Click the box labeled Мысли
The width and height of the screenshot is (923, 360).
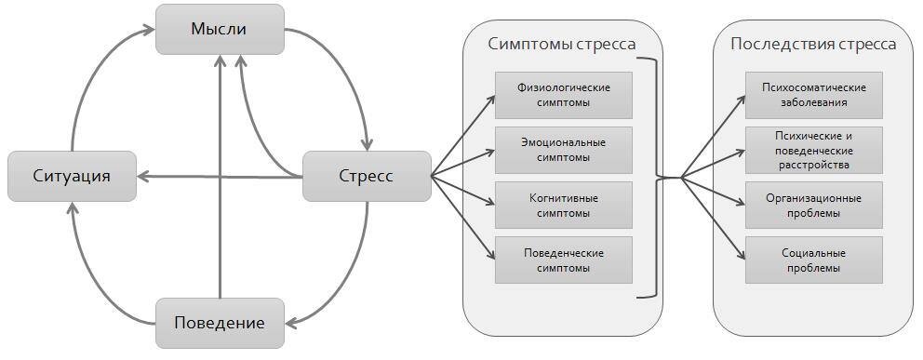pyautogui.click(x=219, y=29)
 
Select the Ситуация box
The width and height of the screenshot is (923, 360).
pyautogui.click(x=72, y=176)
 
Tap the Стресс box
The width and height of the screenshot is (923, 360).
pyautogui.click(x=367, y=176)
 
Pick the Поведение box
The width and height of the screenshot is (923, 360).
pyautogui.click(x=219, y=323)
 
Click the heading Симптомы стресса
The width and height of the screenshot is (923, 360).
pyautogui.click(x=562, y=45)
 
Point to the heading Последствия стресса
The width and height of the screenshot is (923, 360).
pyautogui.click(x=813, y=45)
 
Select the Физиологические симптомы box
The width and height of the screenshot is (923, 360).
pyautogui.click(x=564, y=95)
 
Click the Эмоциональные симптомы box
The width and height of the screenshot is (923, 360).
pyautogui.click(x=564, y=150)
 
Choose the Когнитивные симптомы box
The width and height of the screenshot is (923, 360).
pyautogui.click(x=564, y=206)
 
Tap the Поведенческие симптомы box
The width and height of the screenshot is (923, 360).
pyautogui.click(x=564, y=260)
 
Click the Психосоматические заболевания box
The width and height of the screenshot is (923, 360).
pyautogui.click(x=813, y=95)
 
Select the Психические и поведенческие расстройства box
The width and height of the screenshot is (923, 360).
pyautogui.click(x=813, y=150)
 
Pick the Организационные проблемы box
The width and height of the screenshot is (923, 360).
pyautogui.click(x=813, y=206)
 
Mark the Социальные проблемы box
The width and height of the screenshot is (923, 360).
pyautogui.click(x=813, y=260)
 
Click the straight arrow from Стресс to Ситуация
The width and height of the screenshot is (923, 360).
pyautogui.click(x=223, y=176)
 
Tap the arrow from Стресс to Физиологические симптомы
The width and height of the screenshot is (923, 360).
pyautogui.click(x=463, y=136)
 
